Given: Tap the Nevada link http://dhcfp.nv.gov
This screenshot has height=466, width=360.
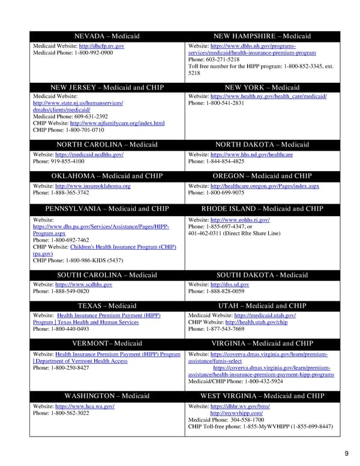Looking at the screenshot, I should [x=101, y=46].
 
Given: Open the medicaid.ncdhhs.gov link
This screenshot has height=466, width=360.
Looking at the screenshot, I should [x=89, y=154].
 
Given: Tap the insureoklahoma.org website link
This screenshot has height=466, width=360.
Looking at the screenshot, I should [x=92, y=186].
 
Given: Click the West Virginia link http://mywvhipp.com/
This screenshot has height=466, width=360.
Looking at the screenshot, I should [x=236, y=413].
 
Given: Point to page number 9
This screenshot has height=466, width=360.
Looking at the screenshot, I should [x=346, y=453].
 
